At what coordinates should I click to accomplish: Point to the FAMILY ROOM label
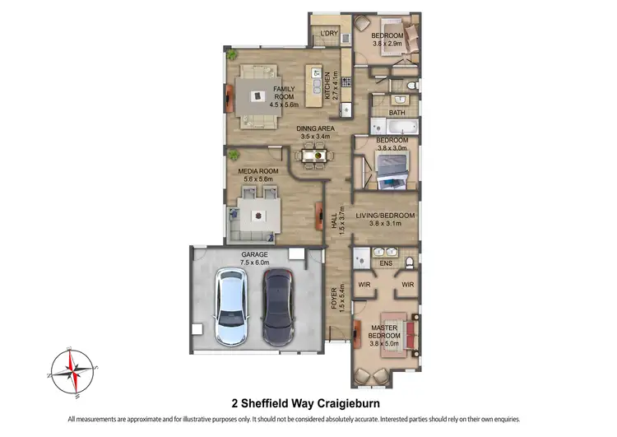[x=284, y=92]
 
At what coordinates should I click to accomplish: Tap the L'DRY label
[x=329, y=34]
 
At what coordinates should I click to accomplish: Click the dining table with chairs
[x=313, y=154]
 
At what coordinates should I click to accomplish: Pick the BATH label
[x=397, y=113]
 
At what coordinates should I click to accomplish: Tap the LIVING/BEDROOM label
[x=385, y=216]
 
